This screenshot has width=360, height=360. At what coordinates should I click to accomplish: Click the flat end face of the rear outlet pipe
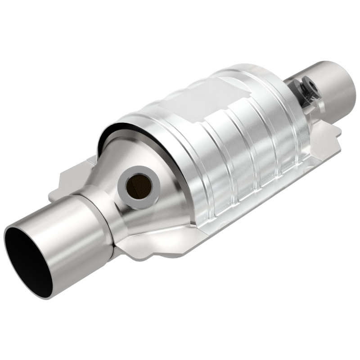click(x=338, y=79)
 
